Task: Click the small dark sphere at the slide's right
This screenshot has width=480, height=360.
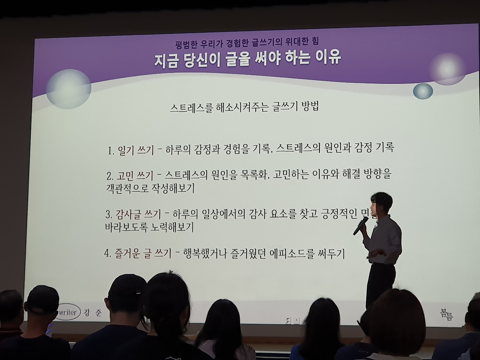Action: click(423, 91)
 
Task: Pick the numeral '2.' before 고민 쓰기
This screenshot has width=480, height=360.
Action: click(110, 176)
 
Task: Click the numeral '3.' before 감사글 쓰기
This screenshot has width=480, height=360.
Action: click(109, 215)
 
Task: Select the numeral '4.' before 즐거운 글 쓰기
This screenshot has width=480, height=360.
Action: click(108, 254)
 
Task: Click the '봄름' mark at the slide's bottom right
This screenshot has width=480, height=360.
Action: click(447, 314)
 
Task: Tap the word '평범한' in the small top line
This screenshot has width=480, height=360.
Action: click(187, 42)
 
